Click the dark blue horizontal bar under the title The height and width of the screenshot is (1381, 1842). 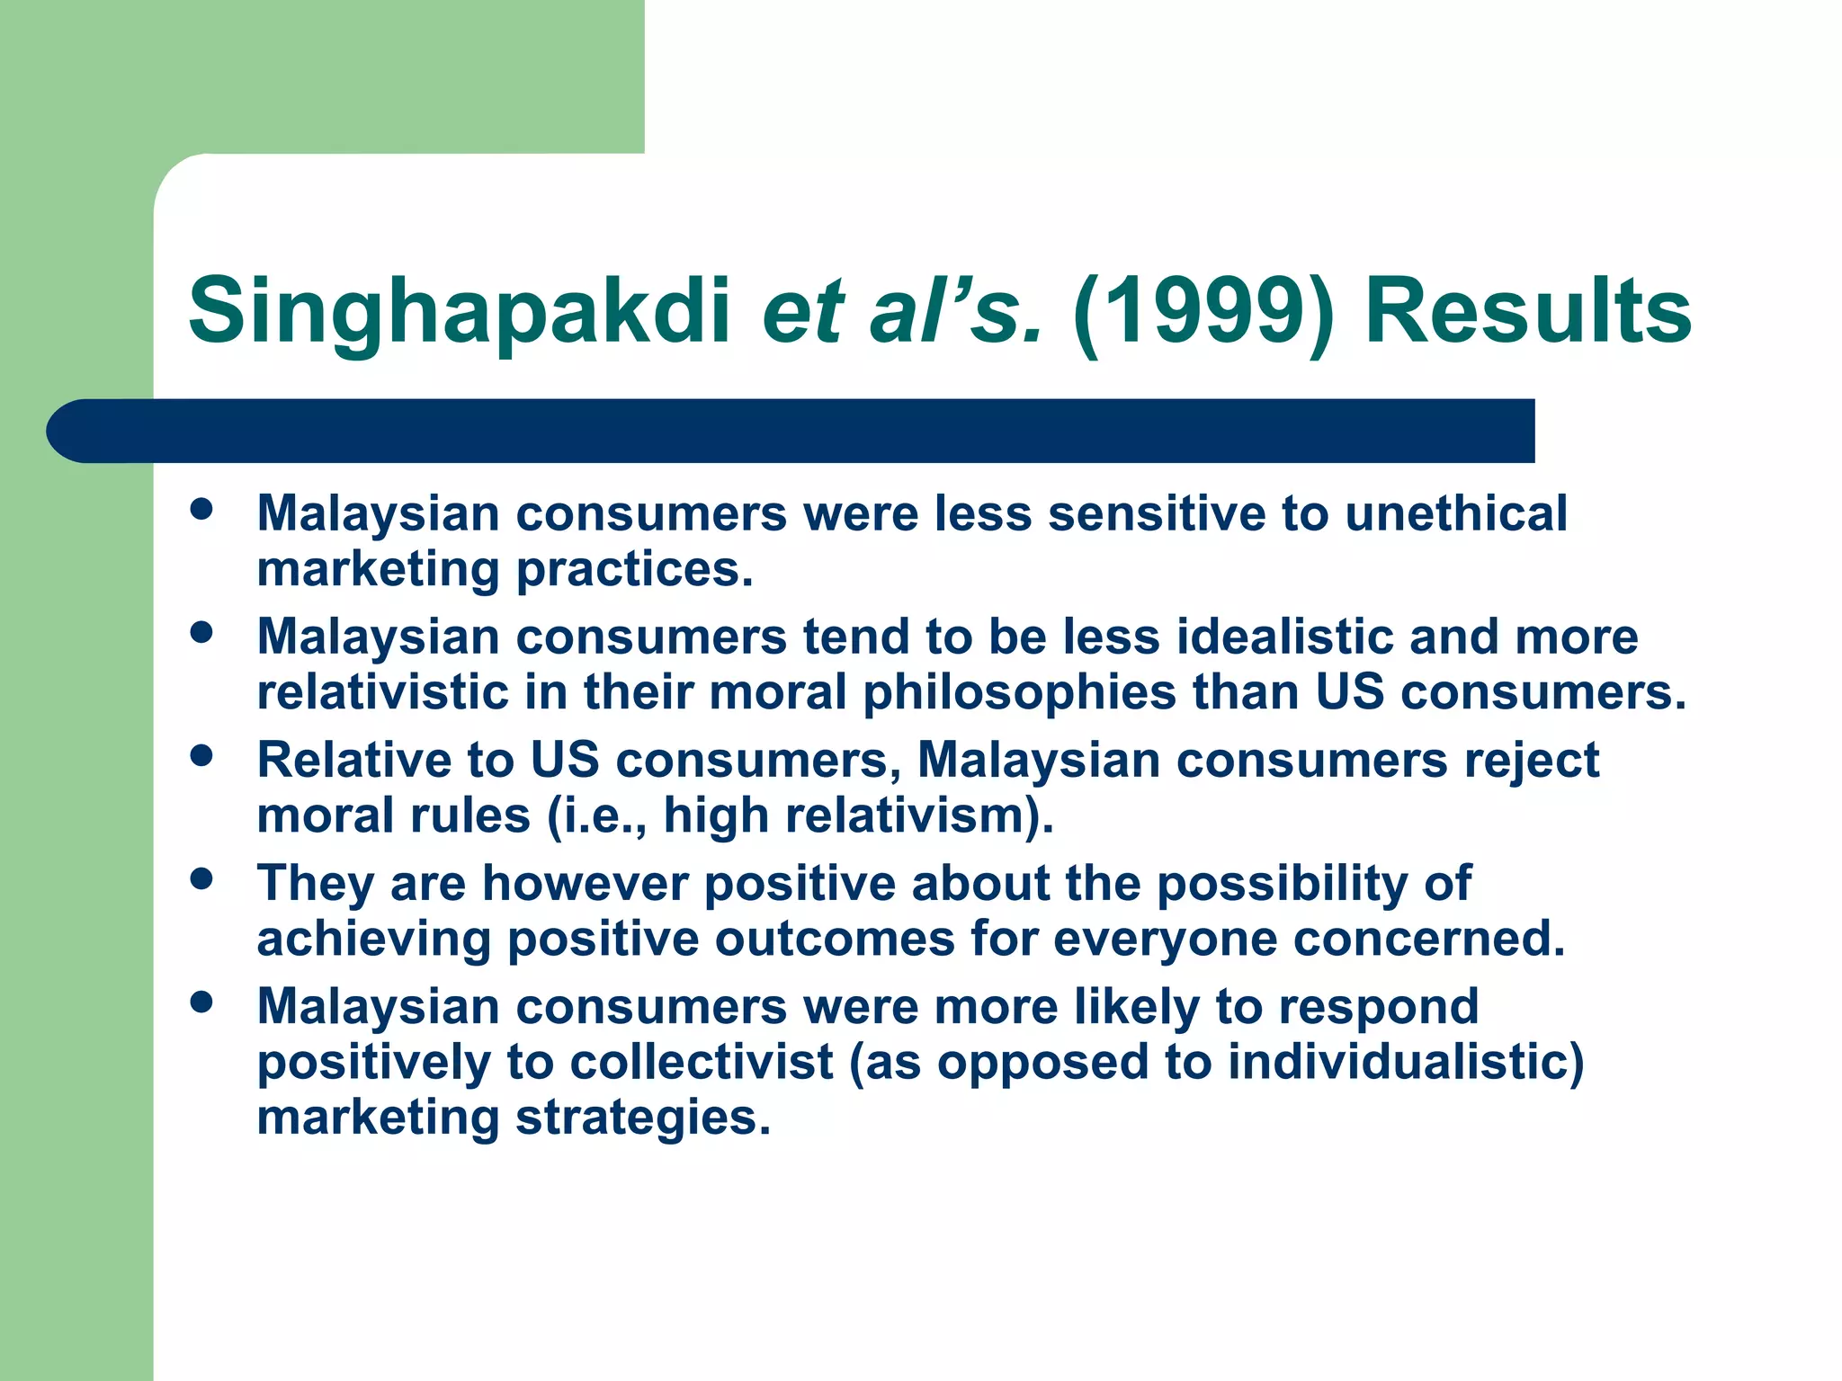791,431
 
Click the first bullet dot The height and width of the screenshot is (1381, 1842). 202,509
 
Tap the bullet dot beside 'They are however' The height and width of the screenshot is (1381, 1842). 202,878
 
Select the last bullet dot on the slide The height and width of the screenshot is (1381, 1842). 202,1002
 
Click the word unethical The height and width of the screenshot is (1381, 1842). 1456,513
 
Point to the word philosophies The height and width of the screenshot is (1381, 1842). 1020,692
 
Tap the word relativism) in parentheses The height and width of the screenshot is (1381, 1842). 918,815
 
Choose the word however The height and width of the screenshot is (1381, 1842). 586,883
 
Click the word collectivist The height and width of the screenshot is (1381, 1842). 702,1062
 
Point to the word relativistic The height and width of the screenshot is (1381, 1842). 382,692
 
